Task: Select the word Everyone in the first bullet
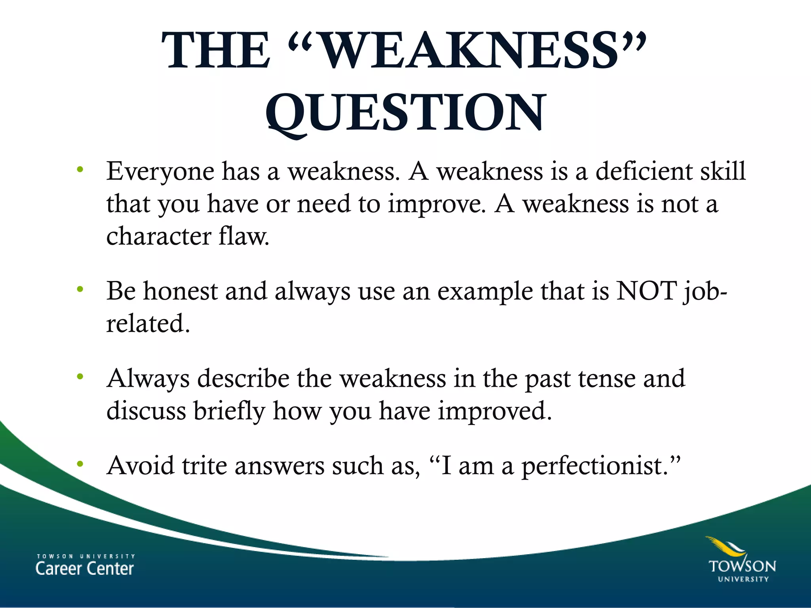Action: (160, 172)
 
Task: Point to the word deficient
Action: (644, 171)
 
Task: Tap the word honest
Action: (180, 291)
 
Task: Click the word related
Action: (148, 323)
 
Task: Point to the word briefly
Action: (229, 411)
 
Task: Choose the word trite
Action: (204, 465)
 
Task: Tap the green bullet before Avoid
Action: (80, 464)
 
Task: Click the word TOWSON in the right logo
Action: (742, 566)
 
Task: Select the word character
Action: (159, 236)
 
